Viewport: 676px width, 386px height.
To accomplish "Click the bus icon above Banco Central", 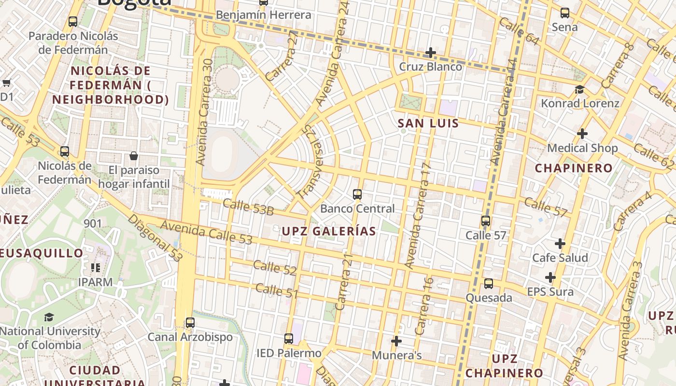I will [357, 194].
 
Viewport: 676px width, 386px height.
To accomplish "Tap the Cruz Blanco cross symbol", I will [431, 52].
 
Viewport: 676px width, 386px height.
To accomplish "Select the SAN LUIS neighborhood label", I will [428, 123].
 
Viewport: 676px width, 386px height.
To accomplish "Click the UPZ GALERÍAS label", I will [329, 231].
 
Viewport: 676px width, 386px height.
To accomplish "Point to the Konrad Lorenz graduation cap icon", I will [579, 89].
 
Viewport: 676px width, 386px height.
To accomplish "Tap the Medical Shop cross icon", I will [582, 133].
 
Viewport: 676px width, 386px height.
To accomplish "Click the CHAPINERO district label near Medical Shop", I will [574, 168].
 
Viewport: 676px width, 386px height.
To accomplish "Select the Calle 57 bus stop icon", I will [486, 221].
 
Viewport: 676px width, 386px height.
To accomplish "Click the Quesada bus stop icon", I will [489, 284].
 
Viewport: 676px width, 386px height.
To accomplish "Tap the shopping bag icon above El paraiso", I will [134, 156].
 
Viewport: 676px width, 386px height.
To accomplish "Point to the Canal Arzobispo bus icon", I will [190, 322].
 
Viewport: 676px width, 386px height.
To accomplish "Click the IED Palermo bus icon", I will [289, 339].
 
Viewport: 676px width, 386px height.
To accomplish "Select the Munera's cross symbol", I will [396, 341].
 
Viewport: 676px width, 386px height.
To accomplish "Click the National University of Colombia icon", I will [49, 317].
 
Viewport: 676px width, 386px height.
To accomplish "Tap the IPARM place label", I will [95, 282].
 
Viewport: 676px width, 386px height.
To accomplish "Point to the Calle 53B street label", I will [248, 207].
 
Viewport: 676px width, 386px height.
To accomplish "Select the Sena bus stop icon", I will [564, 13].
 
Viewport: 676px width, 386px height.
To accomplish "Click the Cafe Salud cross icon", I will [560, 244].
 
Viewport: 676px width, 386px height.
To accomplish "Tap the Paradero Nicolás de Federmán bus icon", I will [73, 22].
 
